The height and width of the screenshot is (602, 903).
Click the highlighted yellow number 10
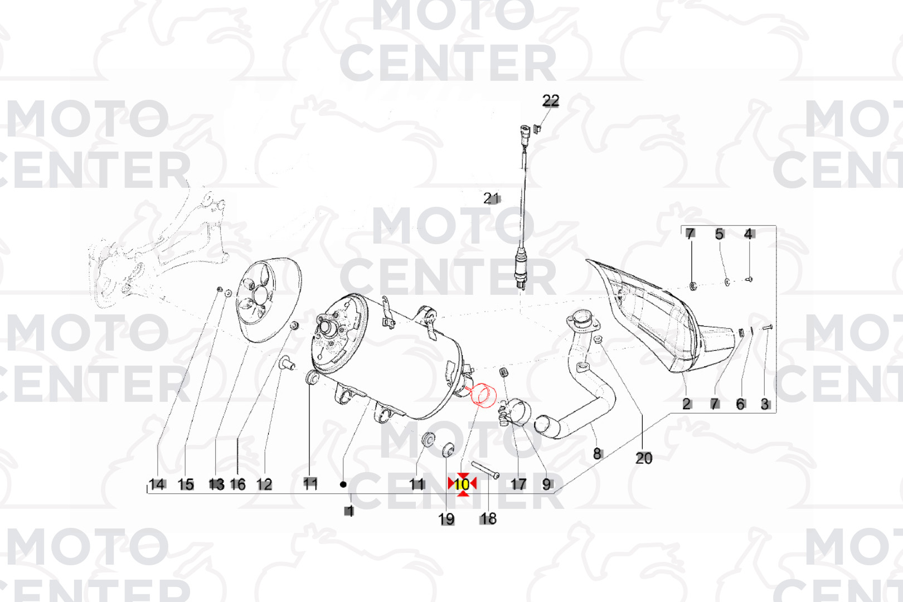coord(462,484)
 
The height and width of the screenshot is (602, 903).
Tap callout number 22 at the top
coord(551,100)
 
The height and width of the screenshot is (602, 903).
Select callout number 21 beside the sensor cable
coord(491,198)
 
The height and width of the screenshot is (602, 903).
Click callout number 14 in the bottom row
coord(157,484)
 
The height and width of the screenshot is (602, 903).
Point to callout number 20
coord(644,458)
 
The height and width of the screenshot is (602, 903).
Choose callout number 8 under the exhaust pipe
coord(597,454)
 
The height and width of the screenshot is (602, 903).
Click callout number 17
coord(518,484)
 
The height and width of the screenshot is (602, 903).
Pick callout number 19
coord(446,519)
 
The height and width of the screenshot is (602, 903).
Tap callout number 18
coord(488,519)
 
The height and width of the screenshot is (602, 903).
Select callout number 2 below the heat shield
coord(687,404)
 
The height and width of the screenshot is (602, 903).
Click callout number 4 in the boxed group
coord(749,234)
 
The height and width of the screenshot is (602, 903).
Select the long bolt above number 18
coord(485,470)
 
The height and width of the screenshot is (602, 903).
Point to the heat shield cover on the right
coord(658,318)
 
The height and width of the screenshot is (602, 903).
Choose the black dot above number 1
coord(343,484)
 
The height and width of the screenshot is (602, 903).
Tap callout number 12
coord(264,484)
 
